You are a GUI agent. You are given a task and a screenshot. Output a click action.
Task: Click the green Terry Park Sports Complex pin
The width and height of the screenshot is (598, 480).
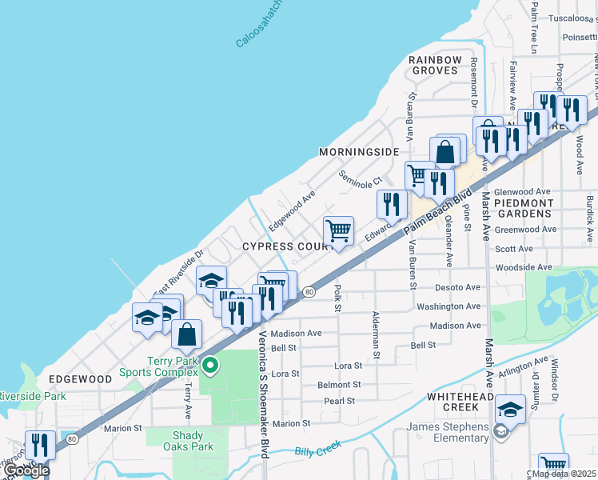210,366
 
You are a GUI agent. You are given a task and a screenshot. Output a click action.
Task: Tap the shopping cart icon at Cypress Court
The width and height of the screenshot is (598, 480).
339,231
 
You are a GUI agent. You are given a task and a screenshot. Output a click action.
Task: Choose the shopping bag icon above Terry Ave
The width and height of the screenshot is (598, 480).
186,335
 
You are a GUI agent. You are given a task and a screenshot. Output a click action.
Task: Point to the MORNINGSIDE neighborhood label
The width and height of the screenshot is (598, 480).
358,152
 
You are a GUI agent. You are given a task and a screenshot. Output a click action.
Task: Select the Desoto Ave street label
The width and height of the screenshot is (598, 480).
457,287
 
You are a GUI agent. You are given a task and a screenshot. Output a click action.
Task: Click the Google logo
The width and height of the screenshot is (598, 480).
26,470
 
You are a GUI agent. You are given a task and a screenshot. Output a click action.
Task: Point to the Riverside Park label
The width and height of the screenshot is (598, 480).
32,396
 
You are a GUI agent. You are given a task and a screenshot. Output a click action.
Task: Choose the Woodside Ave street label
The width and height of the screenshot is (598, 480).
524,267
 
